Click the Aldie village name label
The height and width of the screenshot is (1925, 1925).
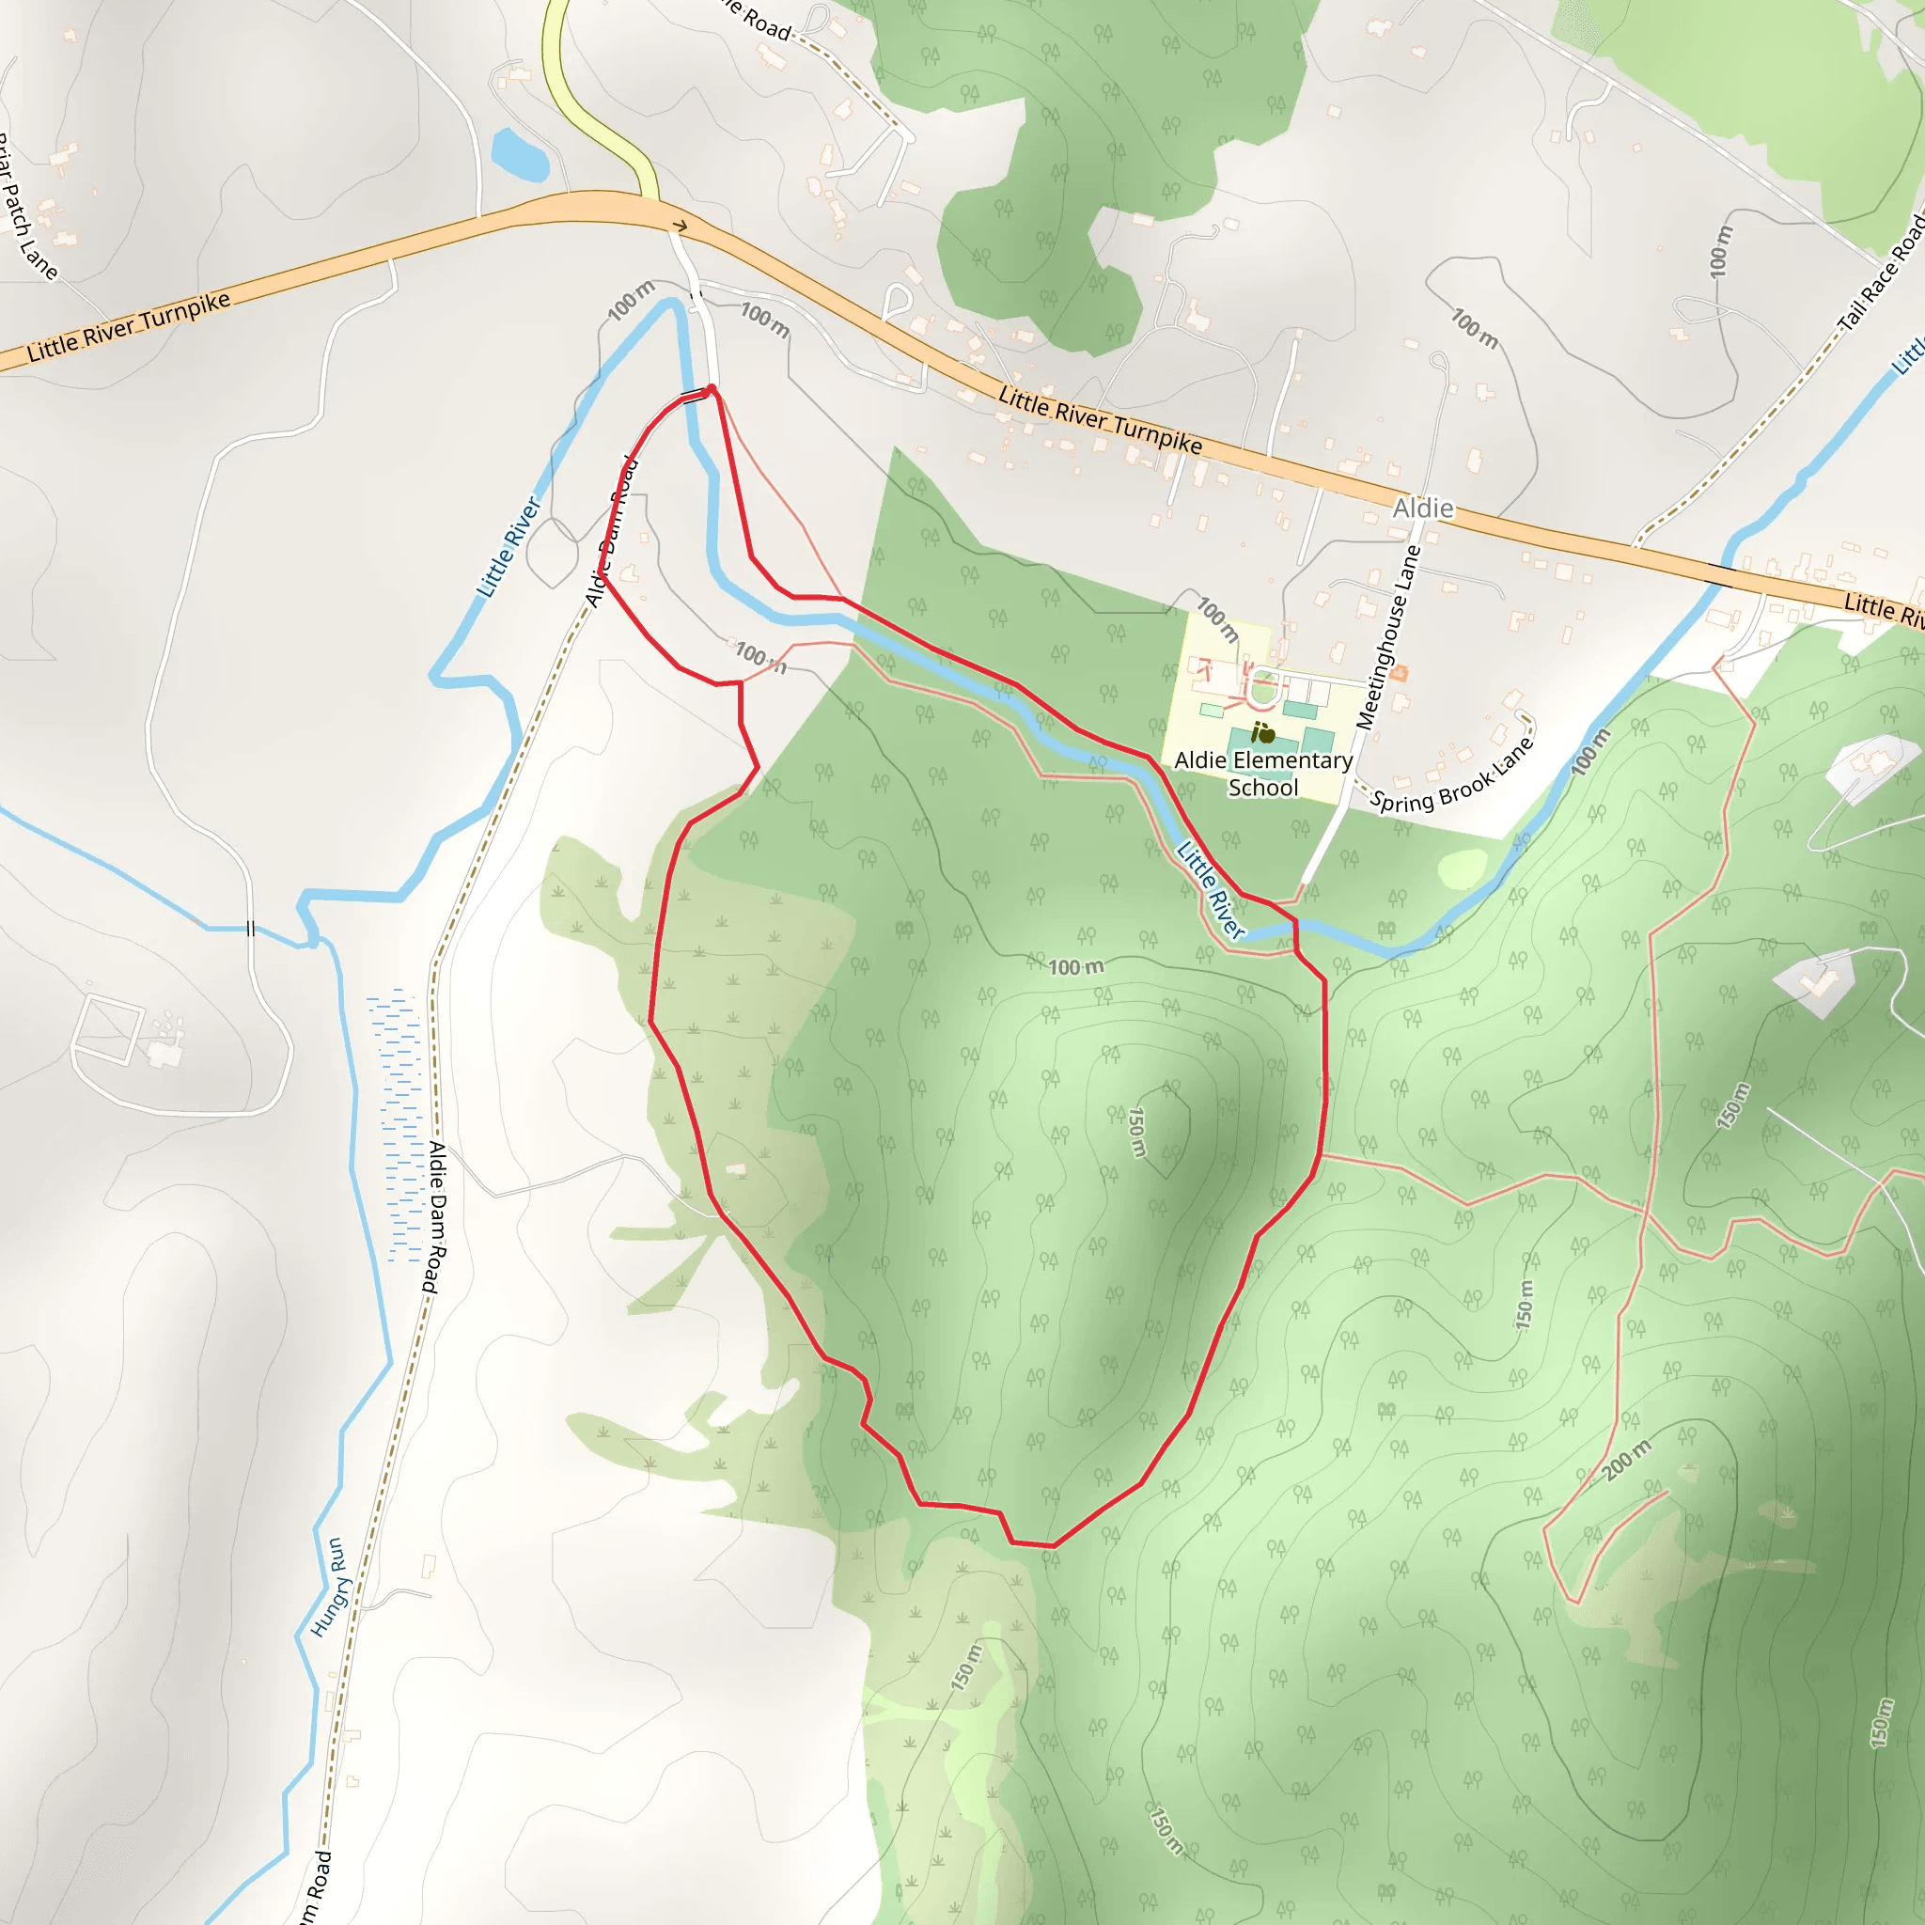1423,509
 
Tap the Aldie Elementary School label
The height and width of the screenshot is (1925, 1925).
1262,775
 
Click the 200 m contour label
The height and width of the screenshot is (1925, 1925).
1626,1460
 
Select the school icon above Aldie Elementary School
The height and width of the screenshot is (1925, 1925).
1263,733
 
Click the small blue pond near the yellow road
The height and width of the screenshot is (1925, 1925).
519,155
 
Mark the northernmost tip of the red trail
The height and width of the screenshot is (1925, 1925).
712,387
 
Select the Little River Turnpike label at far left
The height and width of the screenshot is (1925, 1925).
129,326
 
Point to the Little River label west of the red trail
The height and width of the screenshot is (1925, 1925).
509,547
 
